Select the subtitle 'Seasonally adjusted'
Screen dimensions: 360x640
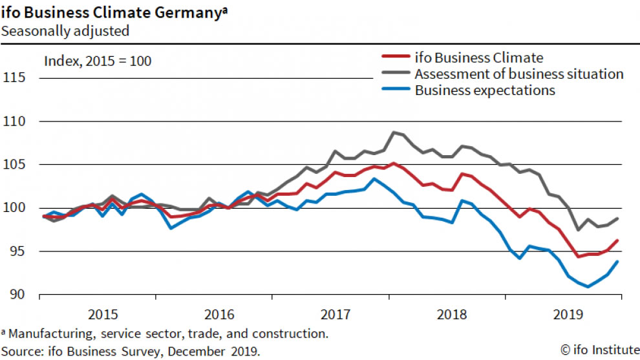(x=65, y=30)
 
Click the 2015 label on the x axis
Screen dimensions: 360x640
(x=103, y=315)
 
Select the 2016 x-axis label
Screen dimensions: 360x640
(x=219, y=315)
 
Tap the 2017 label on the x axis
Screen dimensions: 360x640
(x=336, y=315)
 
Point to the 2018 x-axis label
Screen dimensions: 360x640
(x=452, y=315)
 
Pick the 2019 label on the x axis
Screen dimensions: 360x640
(x=568, y=315)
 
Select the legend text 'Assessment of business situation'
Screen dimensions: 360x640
(x=519, y=74)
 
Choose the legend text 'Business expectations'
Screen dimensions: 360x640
(x=485, y=90)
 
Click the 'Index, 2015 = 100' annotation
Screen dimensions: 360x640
(x=97, y=62)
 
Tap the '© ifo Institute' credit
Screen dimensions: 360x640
(x=598, y=350)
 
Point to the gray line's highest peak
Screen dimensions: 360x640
(x=394, y=132)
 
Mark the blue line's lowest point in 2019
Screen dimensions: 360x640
(x=588, y=286)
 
